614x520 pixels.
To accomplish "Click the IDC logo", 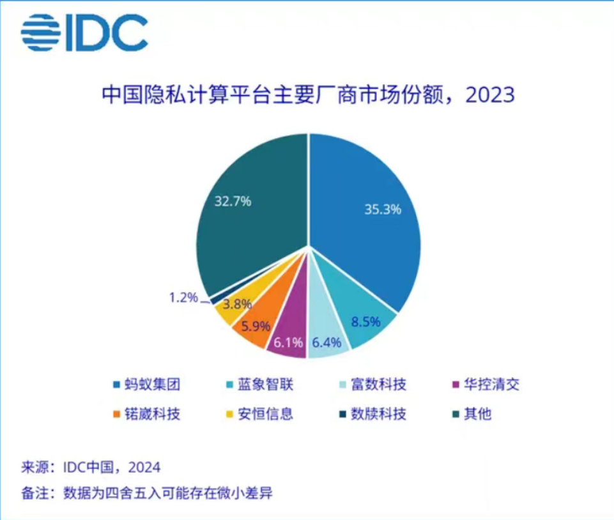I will click(x=84, y=33).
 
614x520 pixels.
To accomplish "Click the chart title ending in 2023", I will click(x=308, y=95).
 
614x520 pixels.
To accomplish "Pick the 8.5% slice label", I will click(x=367, y=321).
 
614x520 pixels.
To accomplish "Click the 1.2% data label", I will click(x=183, y=298).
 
